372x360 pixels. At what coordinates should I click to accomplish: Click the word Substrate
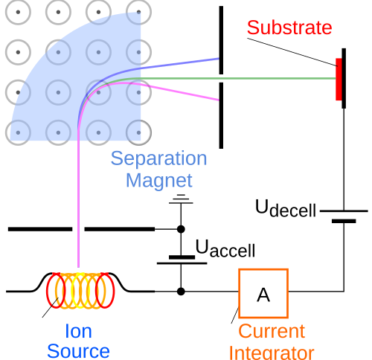click(289, 28)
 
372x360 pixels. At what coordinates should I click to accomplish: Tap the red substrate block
click(339, 80)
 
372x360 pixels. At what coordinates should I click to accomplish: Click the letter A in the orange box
click(263, 295)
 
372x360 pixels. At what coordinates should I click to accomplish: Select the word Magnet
click(159, 181)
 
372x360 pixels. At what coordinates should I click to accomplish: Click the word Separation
click(158, 158)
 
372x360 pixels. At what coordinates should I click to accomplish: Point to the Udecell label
click(286, 208)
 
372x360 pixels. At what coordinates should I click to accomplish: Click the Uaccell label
click(225, 248)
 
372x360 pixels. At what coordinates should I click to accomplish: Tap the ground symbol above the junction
click(181, 199)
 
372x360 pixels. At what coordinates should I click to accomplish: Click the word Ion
click(78, 331)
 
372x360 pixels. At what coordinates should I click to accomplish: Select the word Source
click(78, 351)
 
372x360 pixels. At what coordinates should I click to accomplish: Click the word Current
click(272, 331)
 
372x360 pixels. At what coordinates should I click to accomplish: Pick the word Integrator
click(272, 353)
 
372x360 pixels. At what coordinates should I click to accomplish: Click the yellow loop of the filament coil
click(79, 290)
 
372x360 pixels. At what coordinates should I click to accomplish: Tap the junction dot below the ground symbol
click(181, 229)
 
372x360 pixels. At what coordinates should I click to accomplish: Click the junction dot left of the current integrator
click(181, 292)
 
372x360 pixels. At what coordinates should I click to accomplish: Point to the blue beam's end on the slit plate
click(219, 59)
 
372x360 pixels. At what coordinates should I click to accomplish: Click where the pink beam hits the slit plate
click(219, 100)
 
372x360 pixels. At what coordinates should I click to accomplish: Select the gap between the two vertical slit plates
click(221, 78)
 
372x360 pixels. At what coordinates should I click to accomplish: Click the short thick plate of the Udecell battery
click(344, 221)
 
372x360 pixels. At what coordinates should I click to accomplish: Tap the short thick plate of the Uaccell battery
click(182, 257)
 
